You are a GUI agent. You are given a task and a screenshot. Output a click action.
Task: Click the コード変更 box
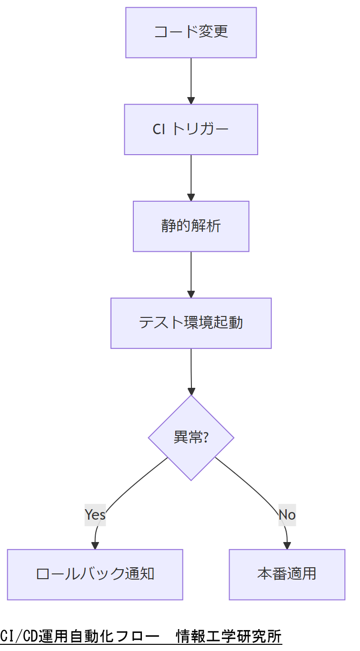191,32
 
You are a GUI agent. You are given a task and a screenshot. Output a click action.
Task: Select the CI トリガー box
191,129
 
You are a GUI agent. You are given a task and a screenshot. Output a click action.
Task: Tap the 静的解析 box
191,226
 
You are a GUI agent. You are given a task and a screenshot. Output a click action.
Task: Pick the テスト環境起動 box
191,323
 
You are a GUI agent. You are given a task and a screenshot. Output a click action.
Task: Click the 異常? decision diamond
191,437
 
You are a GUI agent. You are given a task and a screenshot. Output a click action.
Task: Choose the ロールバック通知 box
95,574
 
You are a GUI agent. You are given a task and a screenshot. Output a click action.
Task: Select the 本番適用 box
287,574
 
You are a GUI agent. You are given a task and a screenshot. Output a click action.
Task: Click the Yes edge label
95,514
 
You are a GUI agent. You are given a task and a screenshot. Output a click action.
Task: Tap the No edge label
287,514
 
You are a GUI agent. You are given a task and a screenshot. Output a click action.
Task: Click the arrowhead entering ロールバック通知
95,545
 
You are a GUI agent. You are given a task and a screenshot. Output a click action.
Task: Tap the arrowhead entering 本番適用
288,545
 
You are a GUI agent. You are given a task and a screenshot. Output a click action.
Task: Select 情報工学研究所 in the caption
229,636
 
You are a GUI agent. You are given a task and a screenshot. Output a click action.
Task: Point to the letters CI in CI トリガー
159,129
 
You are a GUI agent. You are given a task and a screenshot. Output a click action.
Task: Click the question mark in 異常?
206,437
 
